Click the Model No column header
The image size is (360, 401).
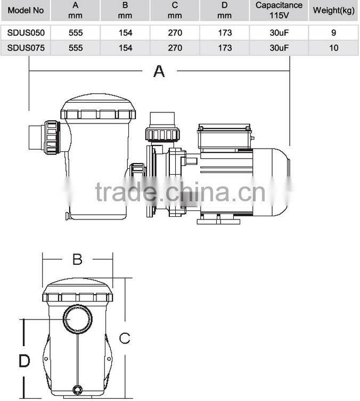click(x=26, y=11)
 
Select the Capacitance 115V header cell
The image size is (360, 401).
click(x=279, y=10)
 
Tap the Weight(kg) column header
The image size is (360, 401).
click(x=334, y=11)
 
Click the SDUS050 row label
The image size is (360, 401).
click(x=26, y=32)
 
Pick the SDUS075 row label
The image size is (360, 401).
click(x=26, y=48)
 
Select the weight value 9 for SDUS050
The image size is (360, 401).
click(x=334, y=32)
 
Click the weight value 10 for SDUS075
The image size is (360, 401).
click(x=334, y=48)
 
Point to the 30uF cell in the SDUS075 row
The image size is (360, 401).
click(x=279, y=48)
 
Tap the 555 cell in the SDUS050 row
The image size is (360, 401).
click(x=76, y=32)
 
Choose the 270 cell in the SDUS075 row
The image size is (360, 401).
click(x=175, y=48)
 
